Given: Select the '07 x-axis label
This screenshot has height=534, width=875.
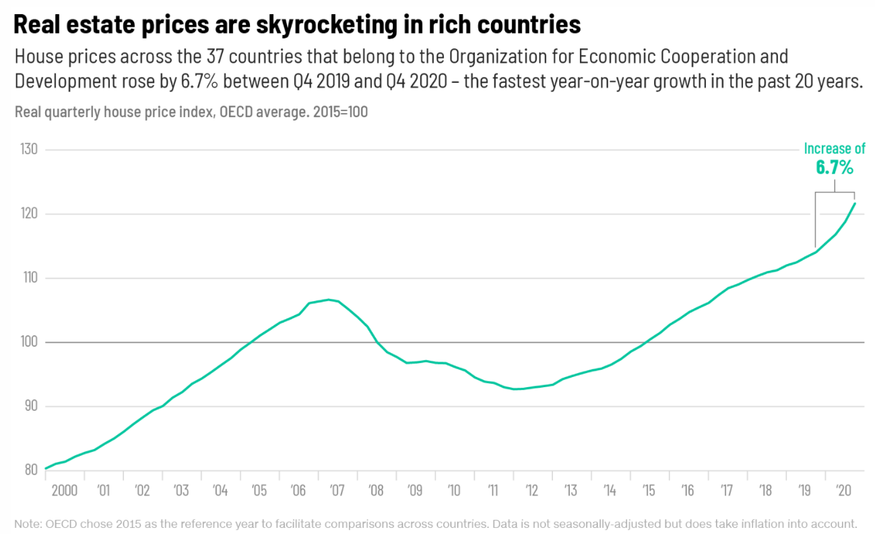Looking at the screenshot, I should (x=337, y=490).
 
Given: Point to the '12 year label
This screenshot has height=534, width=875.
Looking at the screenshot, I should (x=531, y=490).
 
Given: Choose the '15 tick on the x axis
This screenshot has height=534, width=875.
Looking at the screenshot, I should (x=648, y=490).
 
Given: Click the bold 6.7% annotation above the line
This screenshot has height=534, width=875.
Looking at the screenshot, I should (x=835, y=167).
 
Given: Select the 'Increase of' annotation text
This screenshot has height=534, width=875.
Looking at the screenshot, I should (x=835, y=149).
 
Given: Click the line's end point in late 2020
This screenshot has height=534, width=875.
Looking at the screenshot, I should (x=855, y=203).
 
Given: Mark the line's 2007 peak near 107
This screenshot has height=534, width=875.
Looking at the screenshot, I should (x=328, y=300).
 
